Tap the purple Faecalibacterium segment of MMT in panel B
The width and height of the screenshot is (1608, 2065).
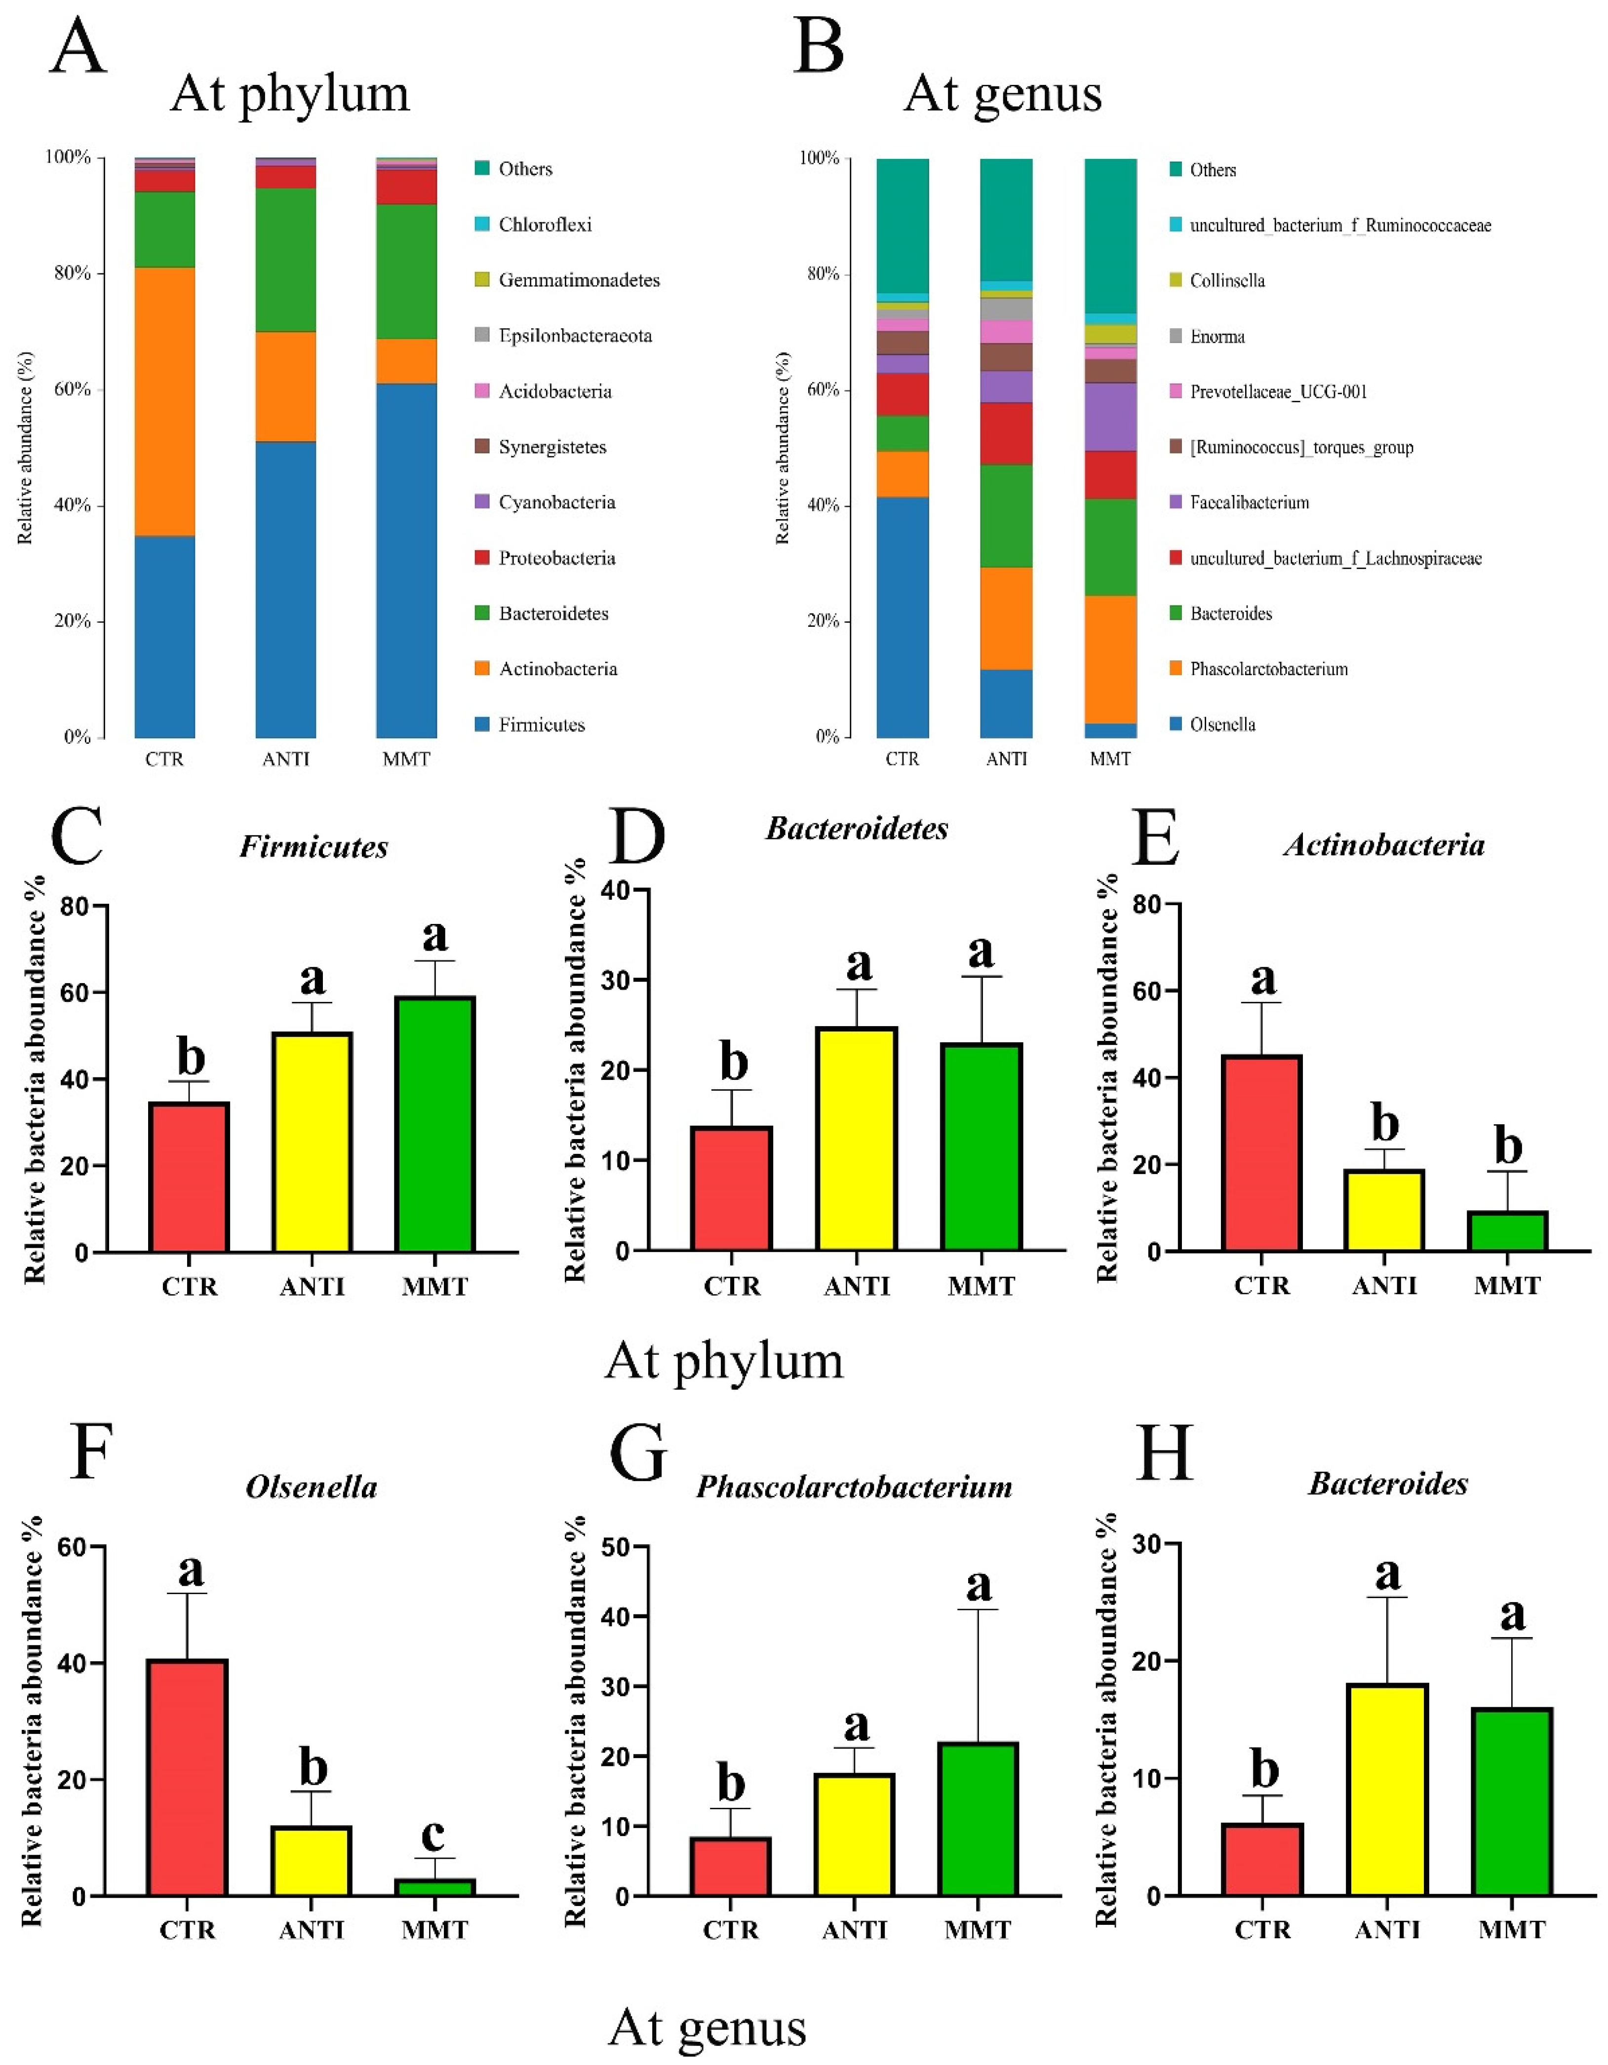click(x=1110, y=416)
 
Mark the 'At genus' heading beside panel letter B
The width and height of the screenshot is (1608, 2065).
click(x=1003, y=95)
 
